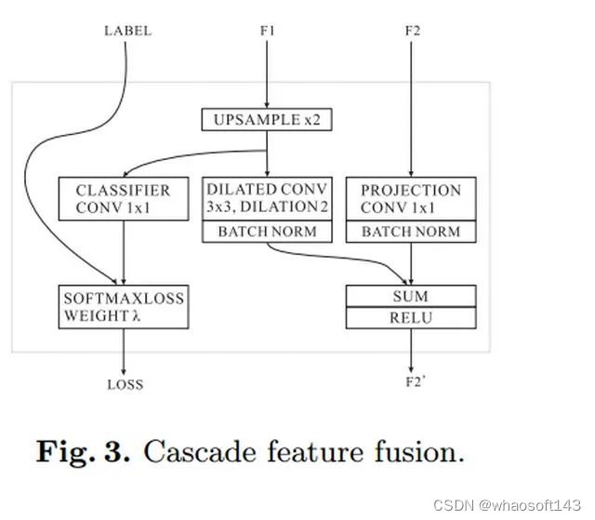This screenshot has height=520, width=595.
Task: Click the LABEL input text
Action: [x=126, y=31]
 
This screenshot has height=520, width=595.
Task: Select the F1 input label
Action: [x=268, y=31]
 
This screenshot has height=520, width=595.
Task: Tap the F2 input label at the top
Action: [x=413, y=31]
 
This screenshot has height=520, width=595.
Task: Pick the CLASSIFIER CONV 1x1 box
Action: [x=123, y=199]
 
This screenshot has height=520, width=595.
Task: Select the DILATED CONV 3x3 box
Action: [x=267, y=199]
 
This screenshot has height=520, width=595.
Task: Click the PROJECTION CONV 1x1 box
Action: [x=411, y=199]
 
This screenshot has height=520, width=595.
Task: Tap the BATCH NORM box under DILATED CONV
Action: [x=267, y=232]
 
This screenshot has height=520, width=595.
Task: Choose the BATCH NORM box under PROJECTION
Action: [x=411, y=232]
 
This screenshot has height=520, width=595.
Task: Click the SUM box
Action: [x=411, y=296]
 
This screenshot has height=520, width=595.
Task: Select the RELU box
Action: [x=411, y=318]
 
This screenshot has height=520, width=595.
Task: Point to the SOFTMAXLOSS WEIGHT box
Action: [x=123, y=308]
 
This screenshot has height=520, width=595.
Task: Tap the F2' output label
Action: [x=413, y=383]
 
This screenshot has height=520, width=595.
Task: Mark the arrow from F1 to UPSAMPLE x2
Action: [x=268, y=74]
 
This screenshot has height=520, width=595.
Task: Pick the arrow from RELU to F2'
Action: [x=412, y=352]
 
